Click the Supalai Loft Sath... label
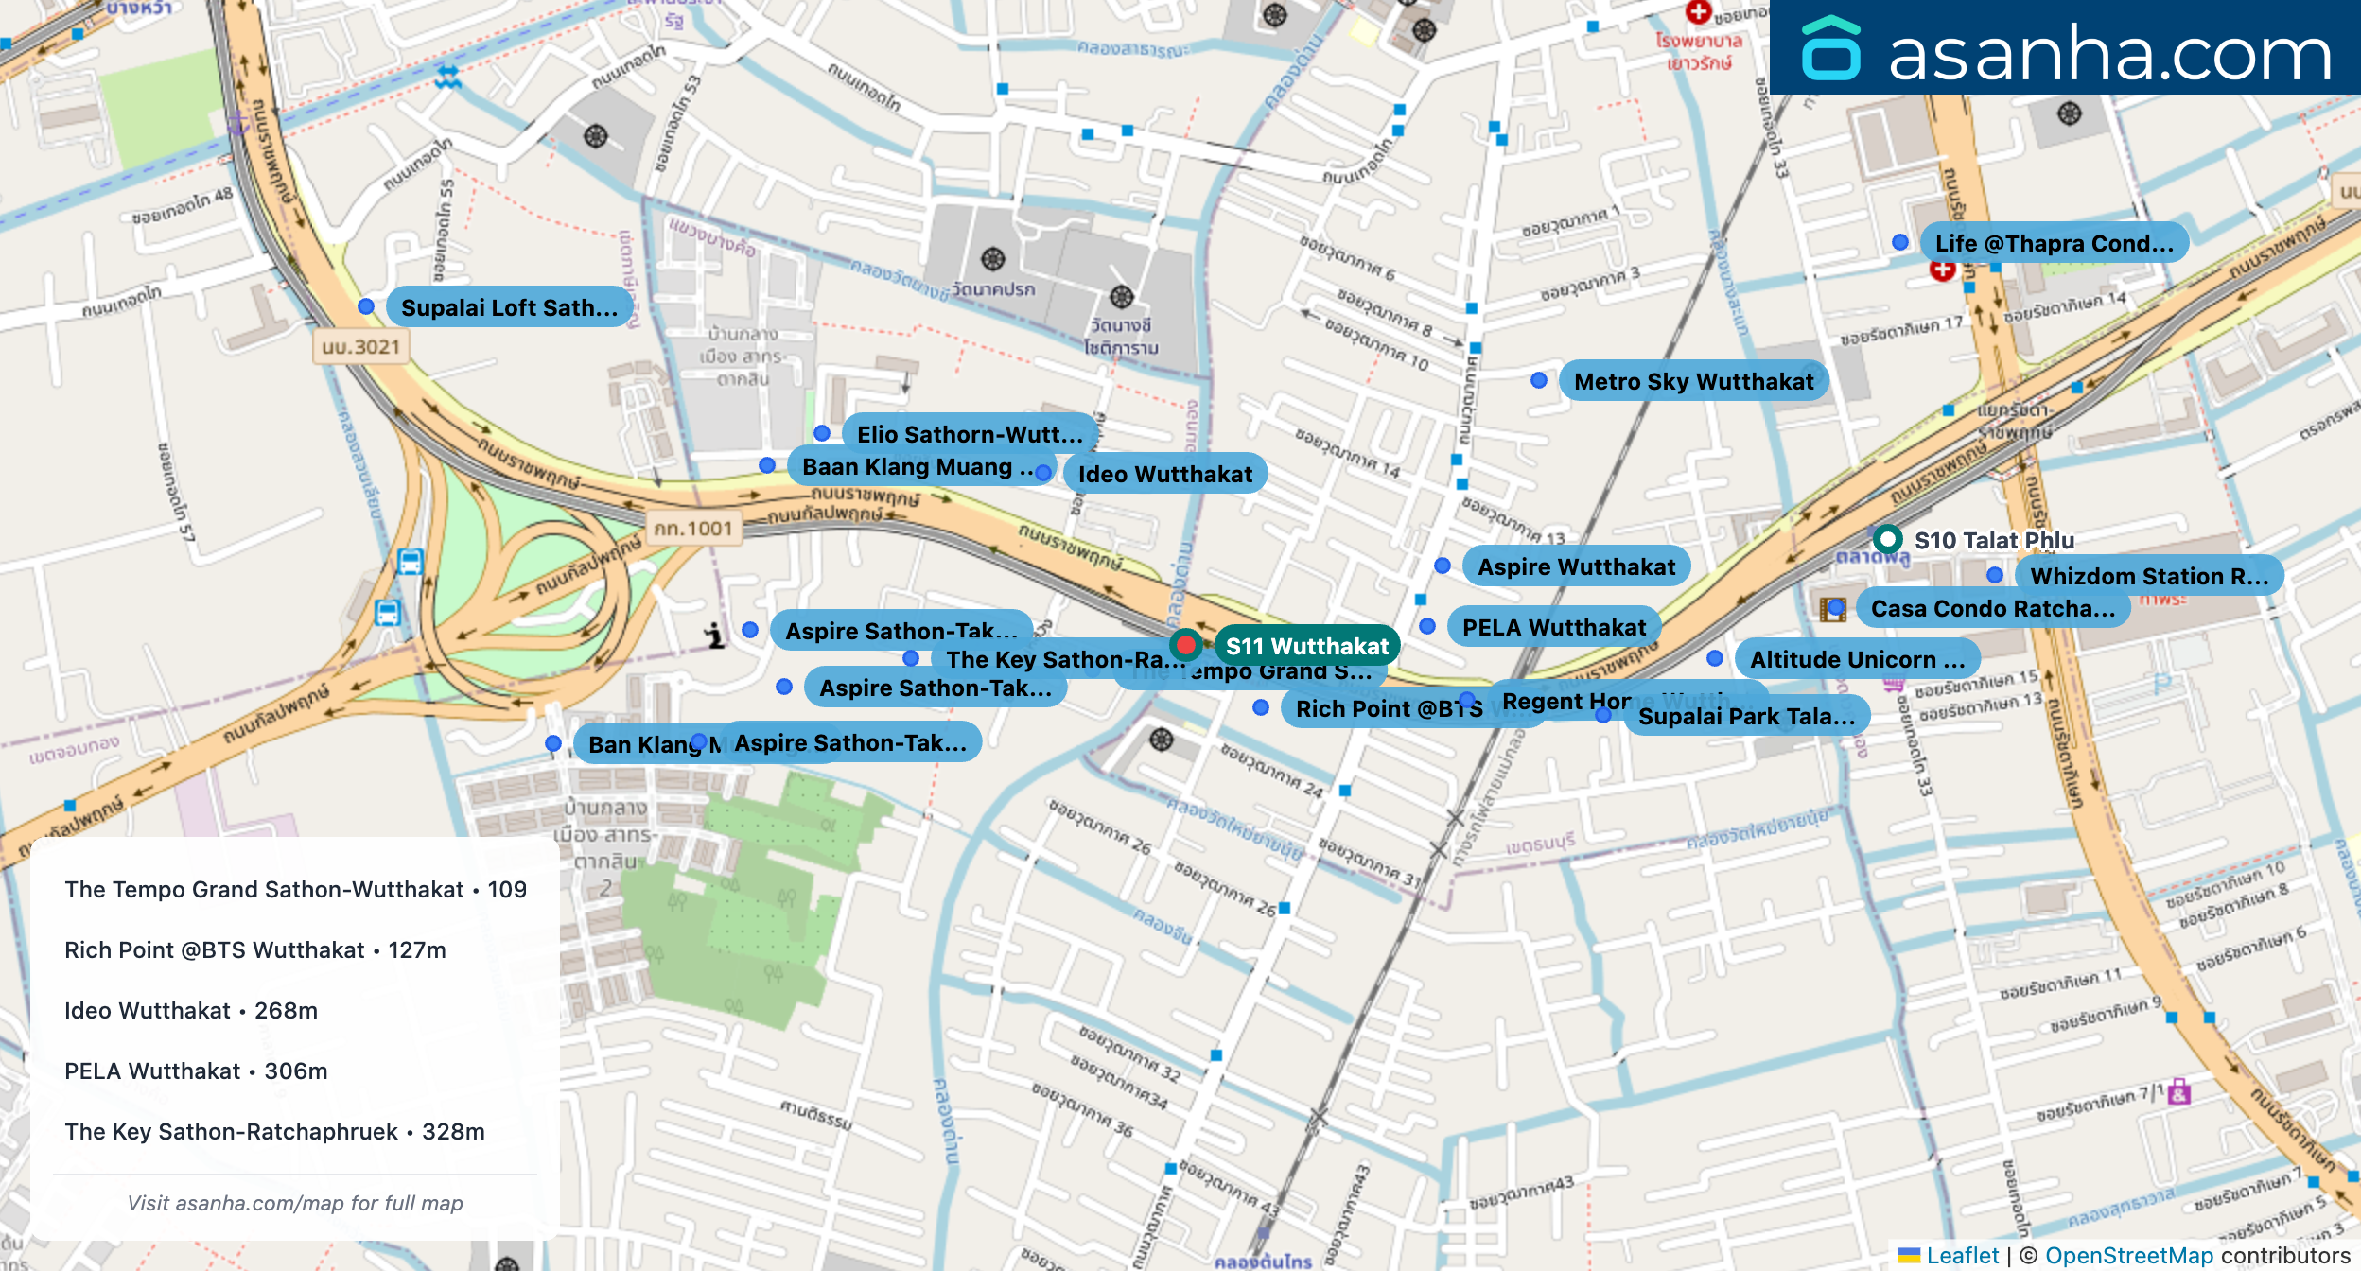point(509,307)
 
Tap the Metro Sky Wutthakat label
point(1693,381)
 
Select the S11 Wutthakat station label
point(1306,646)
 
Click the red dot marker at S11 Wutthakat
point(1185,645)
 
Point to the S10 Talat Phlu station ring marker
point(1887,539)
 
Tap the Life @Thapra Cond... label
point(2054,243)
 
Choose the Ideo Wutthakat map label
point(1164,474)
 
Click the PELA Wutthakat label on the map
point(1553,627)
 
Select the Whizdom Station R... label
point(2148,576)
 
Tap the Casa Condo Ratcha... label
point(1992,608)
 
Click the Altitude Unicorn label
point(1856,659)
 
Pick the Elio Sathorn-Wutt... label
point(969,434)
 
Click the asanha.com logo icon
point(1830,49)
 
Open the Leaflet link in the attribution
point(1962,1255)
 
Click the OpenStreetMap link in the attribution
point(2128,1255)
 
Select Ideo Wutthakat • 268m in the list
point(191,1010)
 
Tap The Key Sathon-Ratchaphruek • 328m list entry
point(274,1131)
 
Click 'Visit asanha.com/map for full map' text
point(295,1203)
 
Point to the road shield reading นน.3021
point(360,347)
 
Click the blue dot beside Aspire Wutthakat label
point(1443,566)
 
